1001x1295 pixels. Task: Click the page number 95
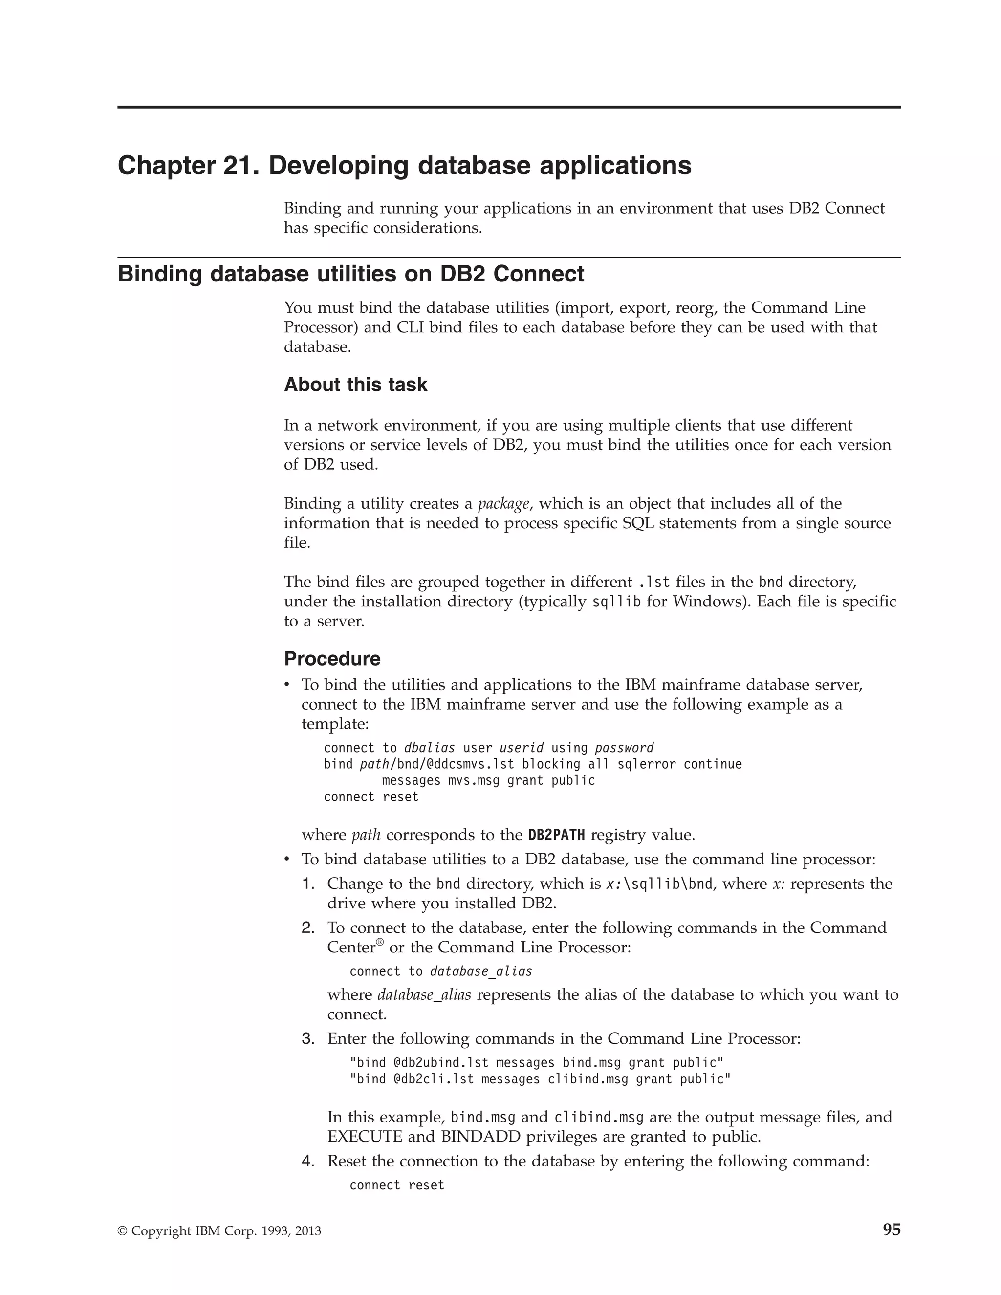[892, 1230]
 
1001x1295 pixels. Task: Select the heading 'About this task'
[355, 385]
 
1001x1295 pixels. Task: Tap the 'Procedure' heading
[332, 659]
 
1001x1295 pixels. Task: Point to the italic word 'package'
[503, 504]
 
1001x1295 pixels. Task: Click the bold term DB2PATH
[556, 835]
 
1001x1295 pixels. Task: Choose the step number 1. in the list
[308, 884]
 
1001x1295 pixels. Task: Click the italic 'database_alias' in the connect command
[481, 971]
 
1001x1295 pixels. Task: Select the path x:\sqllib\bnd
[659, 884]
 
